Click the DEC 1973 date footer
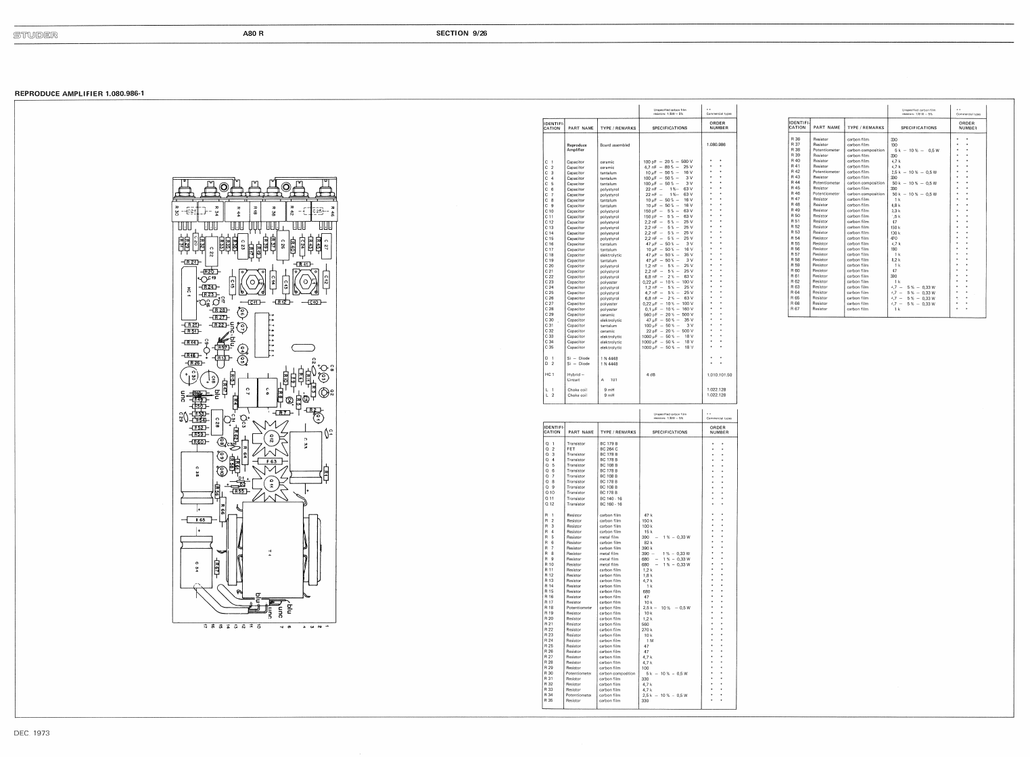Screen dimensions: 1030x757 coord(32,733)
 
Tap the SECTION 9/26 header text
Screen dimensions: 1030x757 coord(461,33)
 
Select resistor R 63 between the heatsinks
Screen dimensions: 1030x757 coord(271,462)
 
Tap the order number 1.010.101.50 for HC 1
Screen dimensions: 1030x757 coord(719,374)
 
